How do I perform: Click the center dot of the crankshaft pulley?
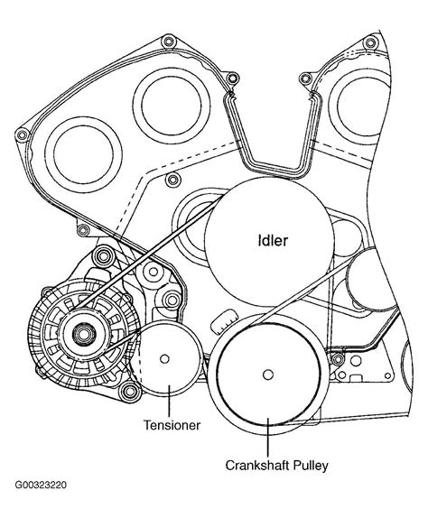[267, 375]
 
